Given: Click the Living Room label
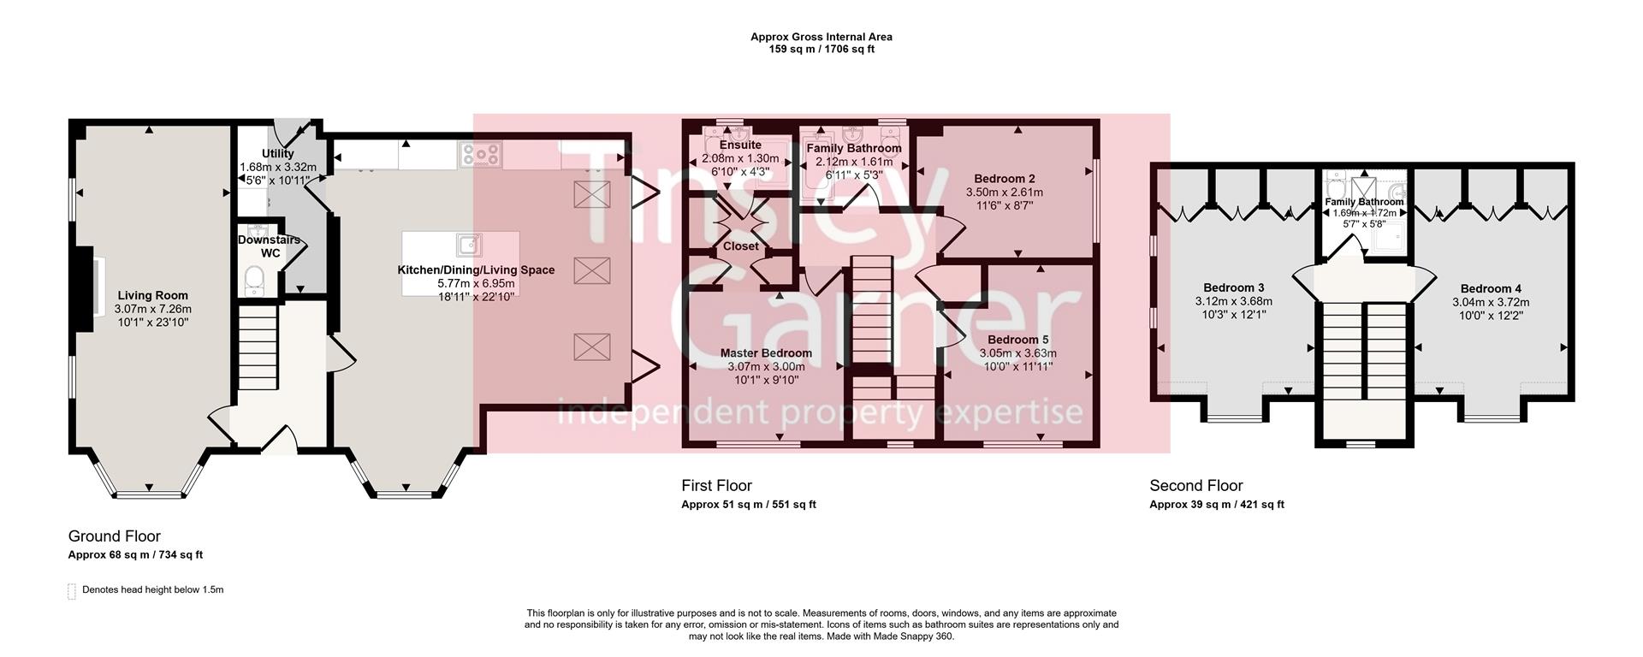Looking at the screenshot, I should pos(153,296).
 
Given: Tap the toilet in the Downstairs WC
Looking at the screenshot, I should pos(254,278).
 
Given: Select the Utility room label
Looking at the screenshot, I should pos(277,154).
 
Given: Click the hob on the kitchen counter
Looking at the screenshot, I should pos(481,154).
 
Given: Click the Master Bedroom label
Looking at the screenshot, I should pos(765,353).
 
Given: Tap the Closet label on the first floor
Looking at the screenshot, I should pos(741,246).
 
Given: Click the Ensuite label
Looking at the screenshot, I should pos(739,145).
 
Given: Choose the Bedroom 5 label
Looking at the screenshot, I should pos(1017,340).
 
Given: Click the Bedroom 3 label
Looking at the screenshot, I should pos(1233,288).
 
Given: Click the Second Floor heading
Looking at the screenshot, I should pos(1195,486).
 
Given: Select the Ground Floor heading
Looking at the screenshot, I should pos(115,536).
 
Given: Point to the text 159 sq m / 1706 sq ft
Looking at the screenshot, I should pos(821,50).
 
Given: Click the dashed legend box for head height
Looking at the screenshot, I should pos(72,591).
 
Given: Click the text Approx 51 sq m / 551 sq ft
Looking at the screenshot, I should pos(748,505).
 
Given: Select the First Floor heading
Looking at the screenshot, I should pos(716,486).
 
